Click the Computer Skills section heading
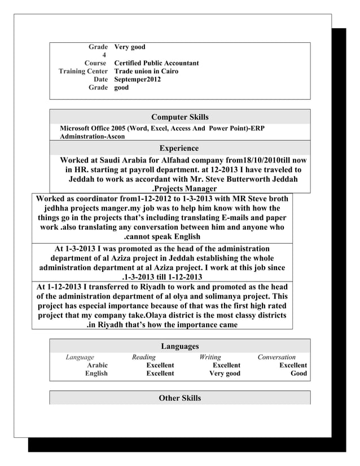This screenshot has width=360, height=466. tap(180, 117)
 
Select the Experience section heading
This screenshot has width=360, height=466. tap(179, 148)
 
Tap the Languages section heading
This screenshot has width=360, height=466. tap(179, 346)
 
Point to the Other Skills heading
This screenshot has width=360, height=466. tap(179, 398)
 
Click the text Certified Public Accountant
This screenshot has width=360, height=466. tap(156, 63)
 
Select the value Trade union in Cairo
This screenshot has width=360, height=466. tap(146, 72)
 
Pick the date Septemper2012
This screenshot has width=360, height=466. tap(137, 80)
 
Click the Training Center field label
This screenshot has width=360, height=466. tap(83, 72)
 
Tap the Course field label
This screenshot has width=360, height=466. tap(95, 63)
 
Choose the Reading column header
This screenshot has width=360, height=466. tap(143, 357)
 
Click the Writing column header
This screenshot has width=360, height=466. tap(210, 357)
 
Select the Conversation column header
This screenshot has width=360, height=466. tap(276, 357)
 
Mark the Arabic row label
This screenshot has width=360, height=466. tap(97, 366)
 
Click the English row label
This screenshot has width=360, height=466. tap(96, 373)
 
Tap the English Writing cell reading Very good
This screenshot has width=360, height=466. tap(225, 373)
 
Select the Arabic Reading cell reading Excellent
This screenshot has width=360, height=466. tap(160, 366)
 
